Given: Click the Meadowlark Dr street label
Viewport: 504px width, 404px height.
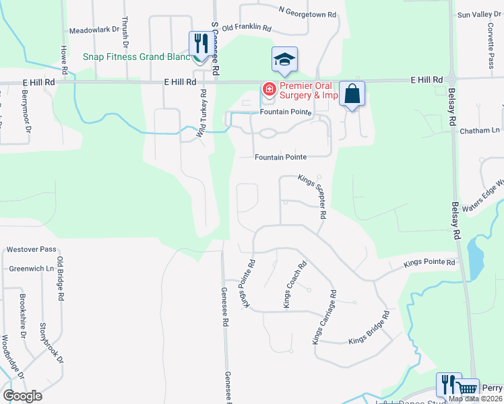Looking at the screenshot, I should [x=94, y=31].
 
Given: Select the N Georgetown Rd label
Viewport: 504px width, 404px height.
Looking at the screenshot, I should [x=307, y=13].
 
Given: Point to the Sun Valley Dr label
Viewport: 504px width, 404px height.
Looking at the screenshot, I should [x=471, y=14].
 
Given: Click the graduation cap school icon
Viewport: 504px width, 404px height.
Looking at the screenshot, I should [x=284, y=59].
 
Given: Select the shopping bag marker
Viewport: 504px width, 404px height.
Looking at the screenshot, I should [x=352, y=94].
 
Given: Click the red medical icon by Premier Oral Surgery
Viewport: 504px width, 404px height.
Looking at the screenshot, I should [x=269, y=89].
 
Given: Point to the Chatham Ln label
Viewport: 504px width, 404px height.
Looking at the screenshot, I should [x=480, y=130].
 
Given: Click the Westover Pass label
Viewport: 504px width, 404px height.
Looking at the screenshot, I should [x=31, y=249].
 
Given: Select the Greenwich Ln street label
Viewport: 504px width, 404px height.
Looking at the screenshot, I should [x=31, y=268].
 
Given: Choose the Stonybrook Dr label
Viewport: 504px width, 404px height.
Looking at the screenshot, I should [x=52, y=343].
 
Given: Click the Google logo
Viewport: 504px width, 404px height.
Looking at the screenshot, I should [x=22, y=395].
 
